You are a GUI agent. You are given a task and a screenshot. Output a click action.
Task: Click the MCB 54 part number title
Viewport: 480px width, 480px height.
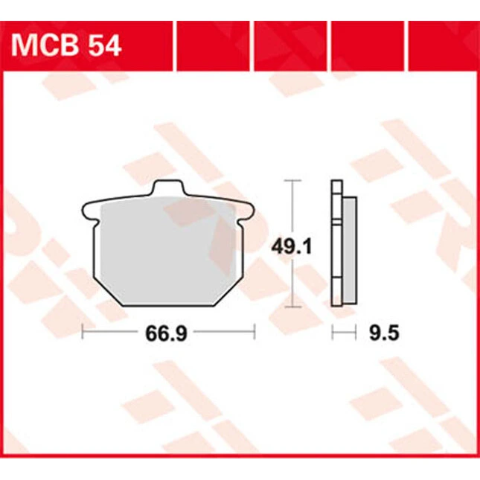(x=66, y=46)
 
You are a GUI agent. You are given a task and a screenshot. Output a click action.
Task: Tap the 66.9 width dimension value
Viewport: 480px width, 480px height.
(x=166, y=333)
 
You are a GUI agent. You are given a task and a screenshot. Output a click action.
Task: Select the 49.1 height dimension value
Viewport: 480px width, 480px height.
(x=291, y=247)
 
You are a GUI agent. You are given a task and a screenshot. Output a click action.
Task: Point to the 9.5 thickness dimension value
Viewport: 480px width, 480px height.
(x=384, y=333)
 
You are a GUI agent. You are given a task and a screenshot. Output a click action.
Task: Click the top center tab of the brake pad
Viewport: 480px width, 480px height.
(x=169, y=188)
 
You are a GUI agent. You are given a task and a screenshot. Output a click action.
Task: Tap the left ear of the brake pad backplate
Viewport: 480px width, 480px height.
(x=89, y=211)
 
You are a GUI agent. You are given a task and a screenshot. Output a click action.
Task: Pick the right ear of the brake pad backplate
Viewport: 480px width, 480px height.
(x=247, y=211)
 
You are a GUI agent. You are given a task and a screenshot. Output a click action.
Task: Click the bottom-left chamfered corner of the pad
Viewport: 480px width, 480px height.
(x=108, y=292)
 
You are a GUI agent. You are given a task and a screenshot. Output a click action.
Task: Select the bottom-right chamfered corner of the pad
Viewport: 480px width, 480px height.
(x=229, y=292)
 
